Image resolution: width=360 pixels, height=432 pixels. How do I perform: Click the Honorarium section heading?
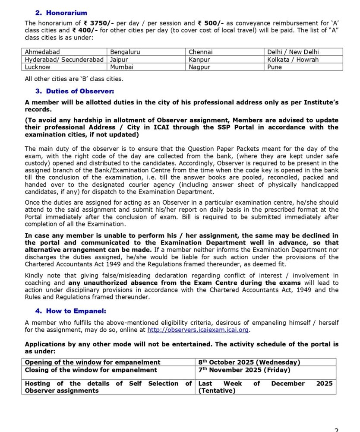pyautogui.click(x=66, y=13)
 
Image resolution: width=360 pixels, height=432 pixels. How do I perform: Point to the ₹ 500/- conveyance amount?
pyautogui.click(x=212, y=23)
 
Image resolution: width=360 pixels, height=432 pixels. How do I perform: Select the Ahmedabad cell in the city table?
pyautogui.click(x=42, y=52)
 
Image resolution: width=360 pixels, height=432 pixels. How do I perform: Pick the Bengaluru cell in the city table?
pyautogui.click(x=125, y=52)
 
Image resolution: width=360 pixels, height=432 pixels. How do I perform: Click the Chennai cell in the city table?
pyautogui.click(x=201, y=52)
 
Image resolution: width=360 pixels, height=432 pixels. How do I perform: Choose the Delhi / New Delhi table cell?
pyautogui.click(x=293, y=52)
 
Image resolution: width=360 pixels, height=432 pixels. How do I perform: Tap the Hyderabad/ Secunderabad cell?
pyautogui.click(x=64, y=60)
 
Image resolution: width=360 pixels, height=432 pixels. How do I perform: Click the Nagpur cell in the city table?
pyautogui.click(x=199, y=67)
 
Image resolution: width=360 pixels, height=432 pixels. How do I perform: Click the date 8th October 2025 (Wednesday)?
pyautogui.click(x=249, y=362)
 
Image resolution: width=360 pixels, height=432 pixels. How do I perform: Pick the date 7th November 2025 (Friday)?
pyautogui.click(x=244, y=370)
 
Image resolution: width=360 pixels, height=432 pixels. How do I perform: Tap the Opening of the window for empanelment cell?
pyautogui.click(x=92, y=362)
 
